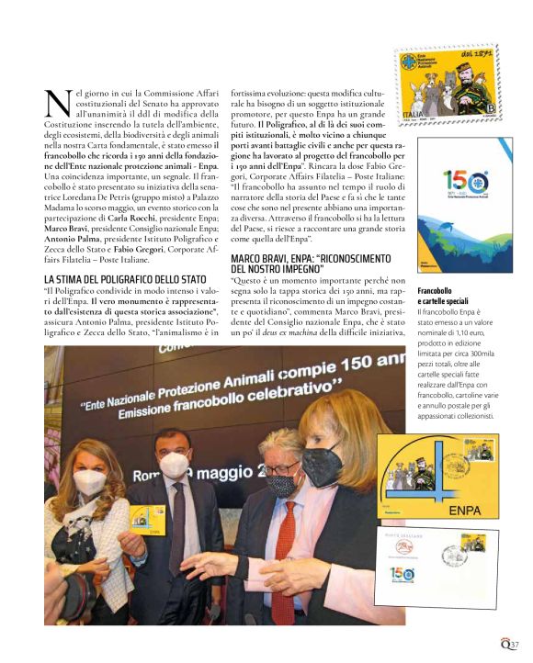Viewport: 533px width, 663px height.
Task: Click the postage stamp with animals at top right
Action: coord(447,85)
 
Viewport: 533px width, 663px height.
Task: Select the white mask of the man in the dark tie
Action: coord(174,466)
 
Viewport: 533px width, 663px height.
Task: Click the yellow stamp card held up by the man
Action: coord(145,535)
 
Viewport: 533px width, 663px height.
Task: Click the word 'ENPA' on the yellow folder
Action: coord(467,509)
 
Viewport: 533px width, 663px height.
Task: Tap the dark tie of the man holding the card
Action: coord(177,527)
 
